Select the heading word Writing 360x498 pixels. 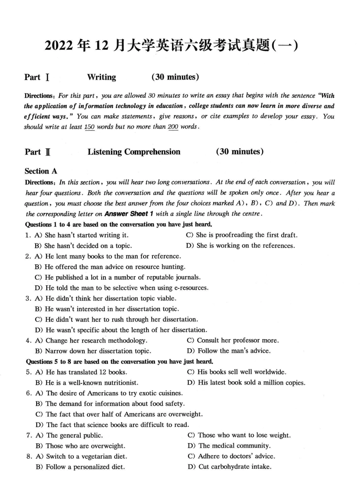tap(102, 77)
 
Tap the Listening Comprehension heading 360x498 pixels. tap(134, 152)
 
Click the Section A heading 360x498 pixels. tap(41, 171)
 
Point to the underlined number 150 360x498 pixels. tap(89, 127)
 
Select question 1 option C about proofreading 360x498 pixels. tap(242, 235)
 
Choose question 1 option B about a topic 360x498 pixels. tap(83, 246)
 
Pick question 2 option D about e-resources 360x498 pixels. tap(122, 288)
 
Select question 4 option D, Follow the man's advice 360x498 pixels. tap(229, 351)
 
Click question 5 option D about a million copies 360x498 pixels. tap(246, 383)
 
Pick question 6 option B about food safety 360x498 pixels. tap(110, 404)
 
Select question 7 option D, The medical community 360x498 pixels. tap(229, 446)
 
